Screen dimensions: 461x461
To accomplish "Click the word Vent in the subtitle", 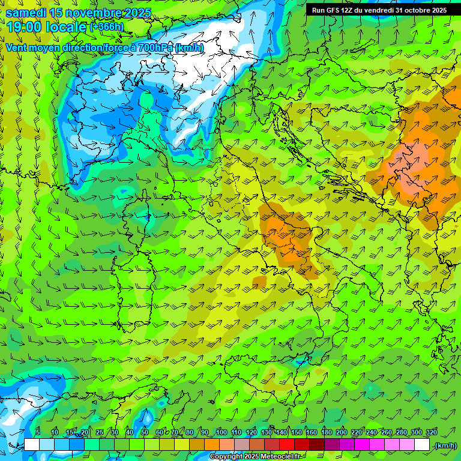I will tap(16, 47).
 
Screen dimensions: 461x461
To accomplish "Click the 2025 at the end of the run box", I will tap(435, 10).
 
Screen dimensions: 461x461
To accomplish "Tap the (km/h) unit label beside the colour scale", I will tap(445, 445).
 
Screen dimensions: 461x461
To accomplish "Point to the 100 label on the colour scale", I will tap(221, 432).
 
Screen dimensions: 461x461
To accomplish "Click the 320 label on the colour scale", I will tap(431, 432).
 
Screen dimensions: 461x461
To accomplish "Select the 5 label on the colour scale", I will tap(38, 432).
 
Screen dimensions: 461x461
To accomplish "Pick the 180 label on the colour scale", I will tap(326, 432).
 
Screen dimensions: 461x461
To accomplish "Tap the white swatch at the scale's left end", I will tap(32, 445).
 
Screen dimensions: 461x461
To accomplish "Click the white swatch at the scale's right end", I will tap(423, 445).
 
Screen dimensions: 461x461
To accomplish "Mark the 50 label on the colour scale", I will tap(145, 432).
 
